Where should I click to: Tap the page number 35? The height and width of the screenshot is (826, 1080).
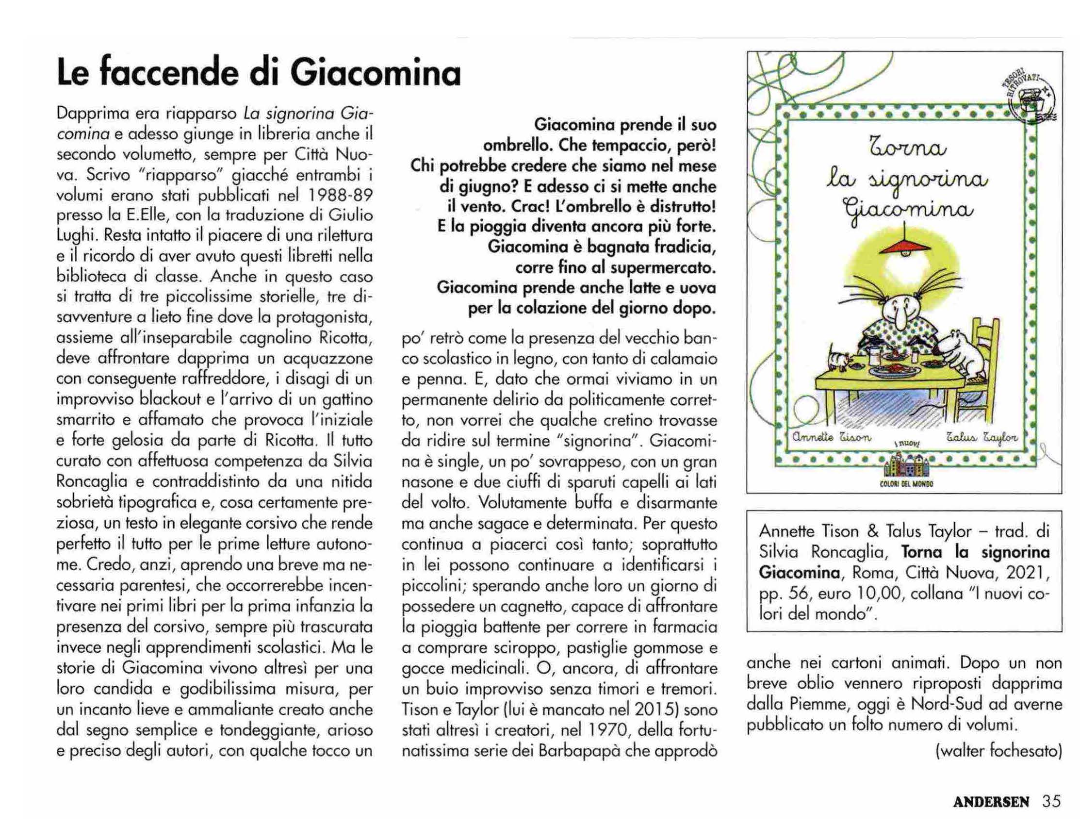(x=1051, y=801)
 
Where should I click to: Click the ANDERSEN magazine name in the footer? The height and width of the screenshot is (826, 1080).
(x=991, y=802)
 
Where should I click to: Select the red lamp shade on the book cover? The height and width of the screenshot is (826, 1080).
(x=900, y=244)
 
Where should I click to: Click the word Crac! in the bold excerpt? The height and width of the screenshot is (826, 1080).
(x=530, y=207)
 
